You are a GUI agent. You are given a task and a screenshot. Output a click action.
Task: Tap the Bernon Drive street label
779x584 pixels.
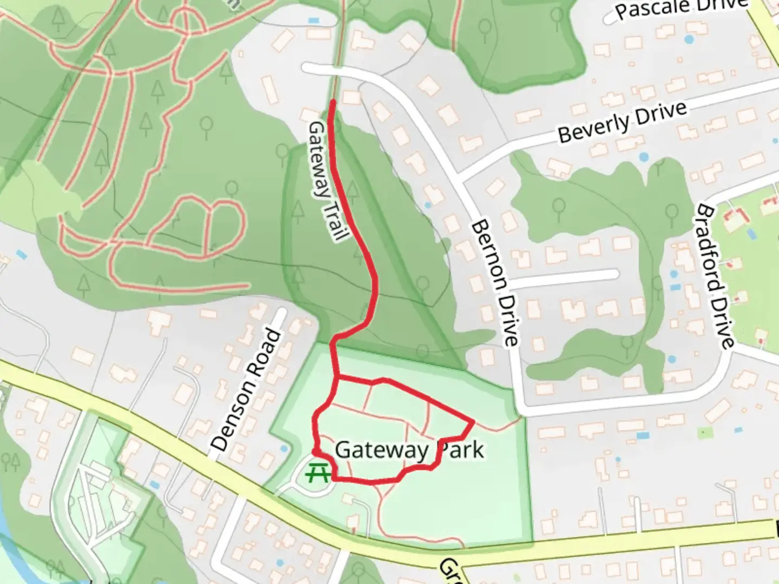point(495,282)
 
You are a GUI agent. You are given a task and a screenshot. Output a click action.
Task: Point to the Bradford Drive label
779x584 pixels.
point(715,276)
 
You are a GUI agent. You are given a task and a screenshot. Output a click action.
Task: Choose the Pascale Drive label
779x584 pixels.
point(681,8)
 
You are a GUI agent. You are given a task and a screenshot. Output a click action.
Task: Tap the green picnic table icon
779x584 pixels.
point(318,474)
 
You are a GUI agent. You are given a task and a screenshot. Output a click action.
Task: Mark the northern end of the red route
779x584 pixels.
point(332,102)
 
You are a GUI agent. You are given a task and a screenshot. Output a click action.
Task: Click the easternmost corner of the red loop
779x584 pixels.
point(473,421)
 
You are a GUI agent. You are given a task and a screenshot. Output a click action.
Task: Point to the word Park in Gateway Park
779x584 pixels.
point(460,450)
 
